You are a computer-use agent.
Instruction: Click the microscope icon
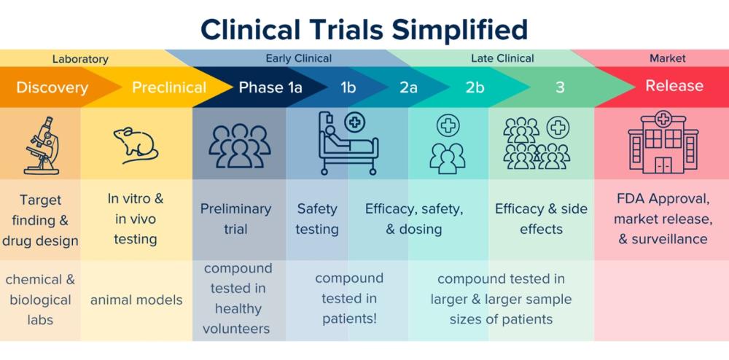[42, 146]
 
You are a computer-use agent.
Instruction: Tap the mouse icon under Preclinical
[136, 146]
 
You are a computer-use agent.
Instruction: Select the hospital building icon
[663, 142]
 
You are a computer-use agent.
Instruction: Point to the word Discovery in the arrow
[52, 87]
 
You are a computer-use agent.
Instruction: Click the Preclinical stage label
[169, 87]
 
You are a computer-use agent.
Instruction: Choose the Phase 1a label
[270, 87]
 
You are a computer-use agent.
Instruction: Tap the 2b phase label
[475, 87]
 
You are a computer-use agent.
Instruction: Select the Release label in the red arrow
[674, 85]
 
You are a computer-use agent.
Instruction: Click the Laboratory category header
[80, 59]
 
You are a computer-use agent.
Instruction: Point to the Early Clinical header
[298, 58]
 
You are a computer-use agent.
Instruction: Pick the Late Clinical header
[502, 58]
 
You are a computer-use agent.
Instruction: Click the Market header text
[668, 58]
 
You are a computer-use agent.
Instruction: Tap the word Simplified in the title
[460, 30]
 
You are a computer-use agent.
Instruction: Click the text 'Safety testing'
[317, 219]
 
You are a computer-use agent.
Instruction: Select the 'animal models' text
[136, 300]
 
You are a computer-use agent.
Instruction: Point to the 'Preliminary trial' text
[235, 219]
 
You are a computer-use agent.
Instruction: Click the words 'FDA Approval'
[663, 199]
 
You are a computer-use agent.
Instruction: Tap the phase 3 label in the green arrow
[560, 87]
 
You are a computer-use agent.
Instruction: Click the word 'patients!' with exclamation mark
[349, 318]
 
